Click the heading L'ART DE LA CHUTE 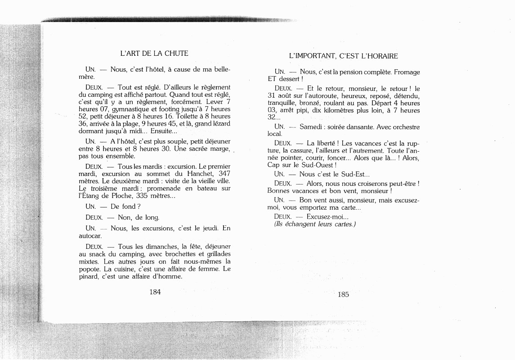click(154, 54)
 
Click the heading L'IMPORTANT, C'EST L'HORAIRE click(343, 56)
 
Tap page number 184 click(155, 292)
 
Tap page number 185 click(343, 294)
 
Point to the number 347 click(224, 173)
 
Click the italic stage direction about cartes click(315, 224)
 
